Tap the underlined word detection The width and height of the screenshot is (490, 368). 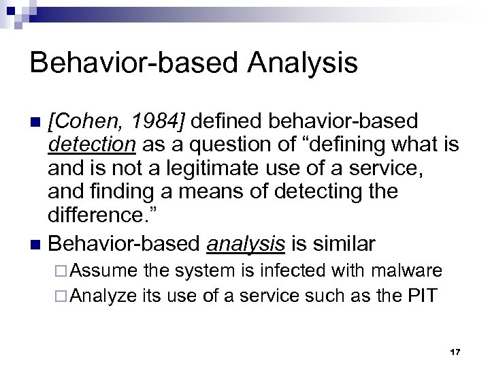coord(93,145)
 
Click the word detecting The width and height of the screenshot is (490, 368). coord(319,192)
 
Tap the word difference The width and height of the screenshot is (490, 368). coord(96,216)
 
